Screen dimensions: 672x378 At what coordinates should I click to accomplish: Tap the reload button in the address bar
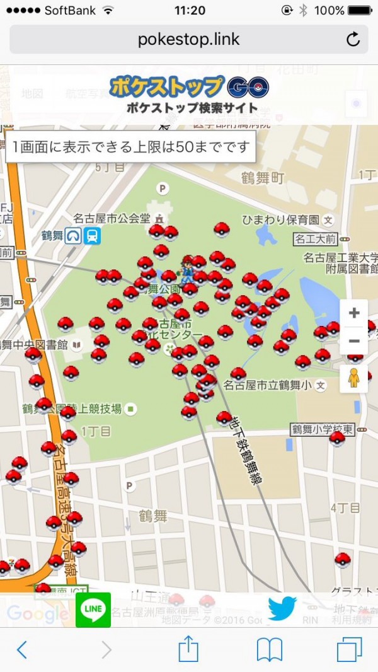point(353,40)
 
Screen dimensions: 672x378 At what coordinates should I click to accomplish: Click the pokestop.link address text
point(188,40)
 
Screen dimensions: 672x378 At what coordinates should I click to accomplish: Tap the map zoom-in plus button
point(354,313)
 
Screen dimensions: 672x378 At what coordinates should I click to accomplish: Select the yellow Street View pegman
point(354,378)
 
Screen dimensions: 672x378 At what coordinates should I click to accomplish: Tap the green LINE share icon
point(93,610)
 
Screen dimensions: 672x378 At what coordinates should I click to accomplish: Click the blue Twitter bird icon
point(282,608)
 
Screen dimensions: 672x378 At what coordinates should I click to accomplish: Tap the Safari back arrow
point(22,649)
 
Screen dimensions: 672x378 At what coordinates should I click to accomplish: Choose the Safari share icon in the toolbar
point(188,649)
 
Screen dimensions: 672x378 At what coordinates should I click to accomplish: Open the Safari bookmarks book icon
point(269,649)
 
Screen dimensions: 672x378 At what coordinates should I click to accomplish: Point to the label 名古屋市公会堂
point(112,219)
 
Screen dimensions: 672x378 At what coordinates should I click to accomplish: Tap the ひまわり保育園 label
point(281,220)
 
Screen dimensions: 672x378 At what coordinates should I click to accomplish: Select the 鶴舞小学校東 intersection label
point(322,429)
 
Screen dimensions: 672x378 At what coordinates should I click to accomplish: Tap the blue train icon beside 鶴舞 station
point(93,236)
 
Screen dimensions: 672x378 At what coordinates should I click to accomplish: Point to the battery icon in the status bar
point(359,11)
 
